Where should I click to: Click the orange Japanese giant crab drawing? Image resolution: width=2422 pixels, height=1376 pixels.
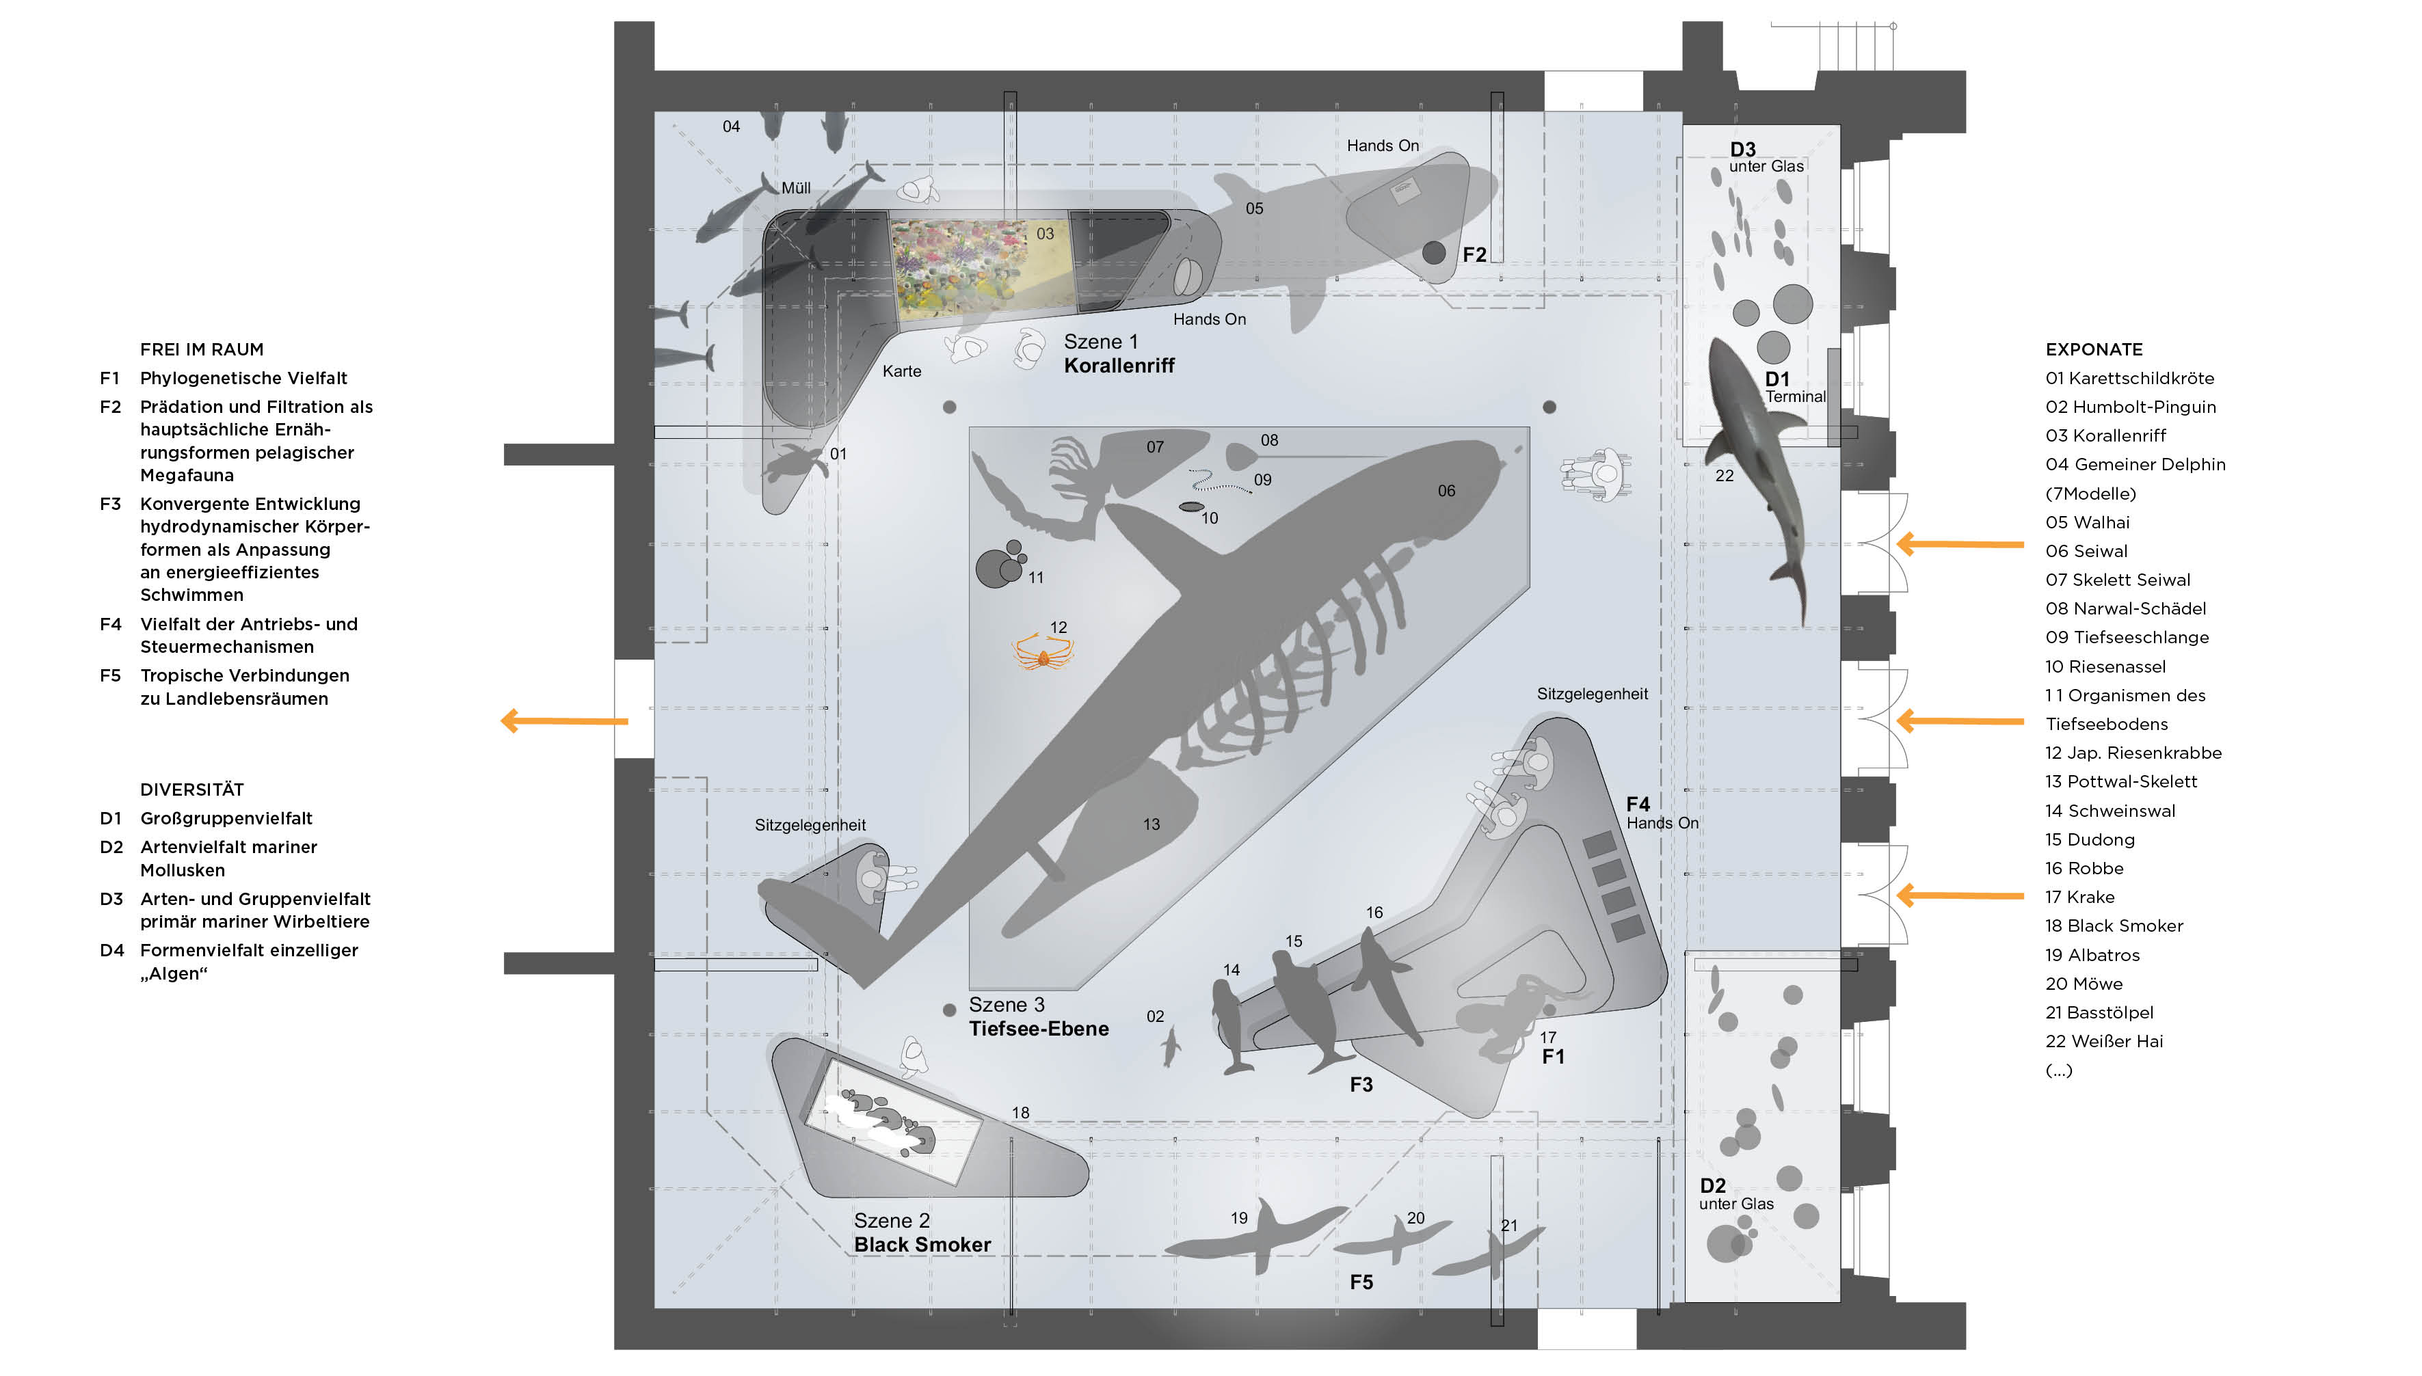[x=1043, y=653]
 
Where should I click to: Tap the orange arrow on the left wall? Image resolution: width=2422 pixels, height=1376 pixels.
[x=564, y=721]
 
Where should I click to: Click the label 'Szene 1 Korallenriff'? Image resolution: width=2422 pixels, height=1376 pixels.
[x=1119, y=354]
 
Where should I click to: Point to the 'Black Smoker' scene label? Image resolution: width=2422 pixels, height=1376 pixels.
[x=922, y=1233]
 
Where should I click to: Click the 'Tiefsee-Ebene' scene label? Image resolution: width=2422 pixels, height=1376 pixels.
[x=1038, y=1017]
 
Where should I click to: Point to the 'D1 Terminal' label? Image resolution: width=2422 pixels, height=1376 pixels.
[x=1794, y=388]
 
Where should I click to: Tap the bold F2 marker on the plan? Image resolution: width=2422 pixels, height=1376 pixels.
[x=1474, y=255]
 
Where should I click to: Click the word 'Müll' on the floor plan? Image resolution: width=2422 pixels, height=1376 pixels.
[x=796, y=188]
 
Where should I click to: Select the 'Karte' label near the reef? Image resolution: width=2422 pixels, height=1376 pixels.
[x=902, y=371]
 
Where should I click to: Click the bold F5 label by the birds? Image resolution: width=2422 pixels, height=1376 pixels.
[x=1360, y=1282]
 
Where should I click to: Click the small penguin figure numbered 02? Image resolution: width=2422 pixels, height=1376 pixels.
[x=1171, y=1046]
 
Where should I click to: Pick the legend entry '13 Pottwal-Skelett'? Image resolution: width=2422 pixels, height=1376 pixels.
[x=2120, y=781]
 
